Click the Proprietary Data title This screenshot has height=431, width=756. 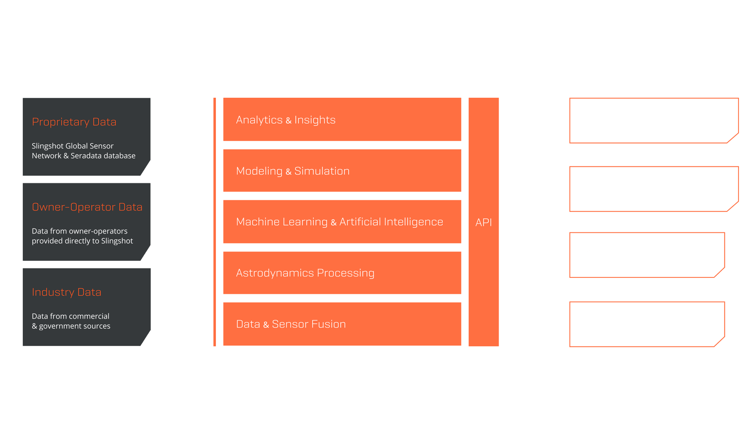[74, 122]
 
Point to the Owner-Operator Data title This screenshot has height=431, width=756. [87, 207]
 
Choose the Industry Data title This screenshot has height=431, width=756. [66, 292]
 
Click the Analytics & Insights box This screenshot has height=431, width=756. [342, 120]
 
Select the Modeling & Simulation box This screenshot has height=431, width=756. [342, 171]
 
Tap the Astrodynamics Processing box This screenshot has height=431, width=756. [342, 273]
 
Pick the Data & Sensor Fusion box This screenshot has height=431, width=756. [342, 324]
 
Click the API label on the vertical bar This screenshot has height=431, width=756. [483, 222]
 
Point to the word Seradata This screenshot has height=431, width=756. [86, 156]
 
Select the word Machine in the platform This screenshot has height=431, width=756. [258, 222]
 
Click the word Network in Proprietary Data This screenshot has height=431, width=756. [46, 156]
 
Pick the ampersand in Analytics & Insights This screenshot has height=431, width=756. [288, 121]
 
